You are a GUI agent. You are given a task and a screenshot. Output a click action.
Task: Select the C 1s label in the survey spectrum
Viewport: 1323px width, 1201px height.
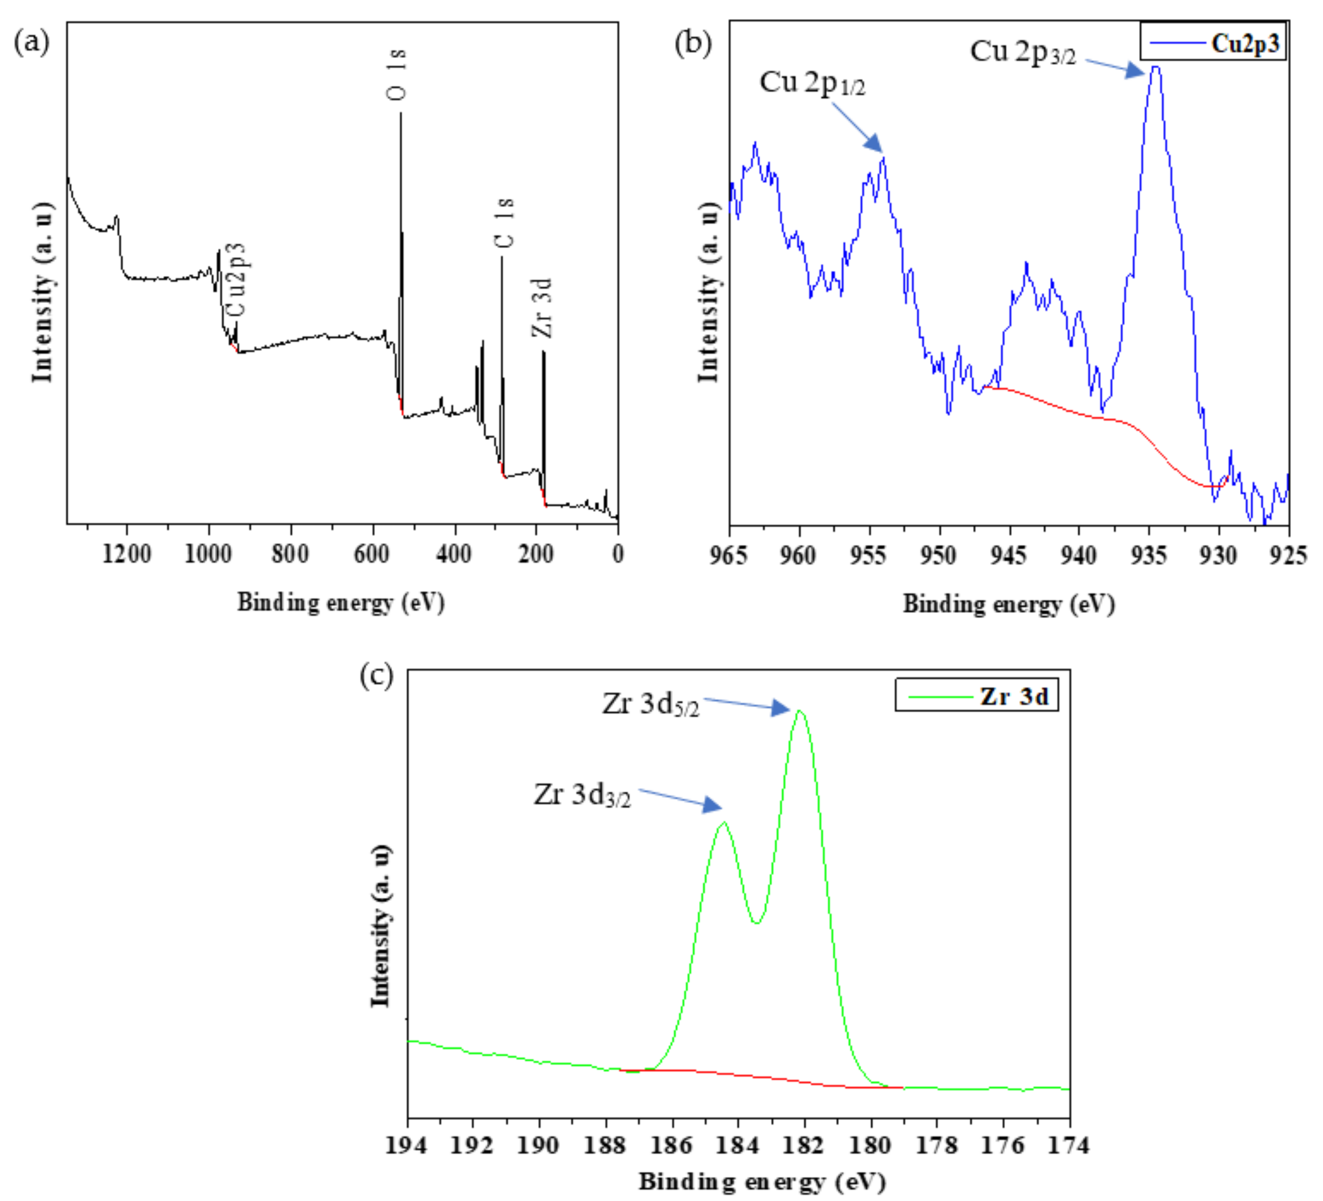tap(504, 223)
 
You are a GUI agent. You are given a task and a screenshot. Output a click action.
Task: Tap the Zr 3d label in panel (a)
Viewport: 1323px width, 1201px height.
tap(543, 308)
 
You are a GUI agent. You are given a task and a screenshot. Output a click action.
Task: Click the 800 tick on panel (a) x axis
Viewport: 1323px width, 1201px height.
tap(291, 554)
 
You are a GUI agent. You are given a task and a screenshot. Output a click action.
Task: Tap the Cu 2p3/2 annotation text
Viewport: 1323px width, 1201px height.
tap(1023, 52)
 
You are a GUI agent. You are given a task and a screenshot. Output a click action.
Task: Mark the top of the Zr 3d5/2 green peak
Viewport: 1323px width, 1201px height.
tap(799, 711)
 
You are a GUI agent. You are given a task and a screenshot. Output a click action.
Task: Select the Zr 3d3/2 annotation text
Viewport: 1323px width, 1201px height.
tap(582, 795)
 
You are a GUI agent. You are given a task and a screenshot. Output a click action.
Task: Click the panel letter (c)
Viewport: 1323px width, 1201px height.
tap(376, 674)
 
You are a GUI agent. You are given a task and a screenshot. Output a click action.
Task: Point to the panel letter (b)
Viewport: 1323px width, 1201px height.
tap(693, 43)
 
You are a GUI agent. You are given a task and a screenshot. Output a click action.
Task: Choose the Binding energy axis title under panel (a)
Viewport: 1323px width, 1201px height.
tap(341, 602)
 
